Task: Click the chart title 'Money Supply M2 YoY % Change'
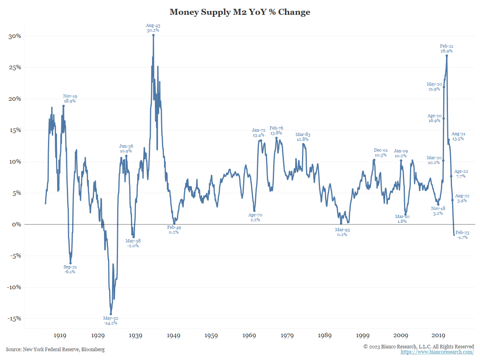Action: (240, 12)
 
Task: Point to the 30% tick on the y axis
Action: (15, 36)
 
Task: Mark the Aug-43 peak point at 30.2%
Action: (153, 35)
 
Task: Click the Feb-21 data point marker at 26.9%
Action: (446, 56)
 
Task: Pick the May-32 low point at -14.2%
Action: (111, 314)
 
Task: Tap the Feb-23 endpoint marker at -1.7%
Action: (454, 235)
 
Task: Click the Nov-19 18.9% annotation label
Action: (70, 98)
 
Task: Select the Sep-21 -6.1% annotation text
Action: (70, 269)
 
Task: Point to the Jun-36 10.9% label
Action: (126, 148)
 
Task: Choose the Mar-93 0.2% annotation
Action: (342, 232)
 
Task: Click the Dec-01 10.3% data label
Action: (380, 152)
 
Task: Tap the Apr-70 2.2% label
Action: (255, 218)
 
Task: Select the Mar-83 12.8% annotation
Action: (303, 137)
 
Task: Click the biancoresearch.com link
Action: (437, 352)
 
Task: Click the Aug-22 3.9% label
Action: (462, 198)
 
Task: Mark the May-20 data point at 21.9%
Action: (444, 87)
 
